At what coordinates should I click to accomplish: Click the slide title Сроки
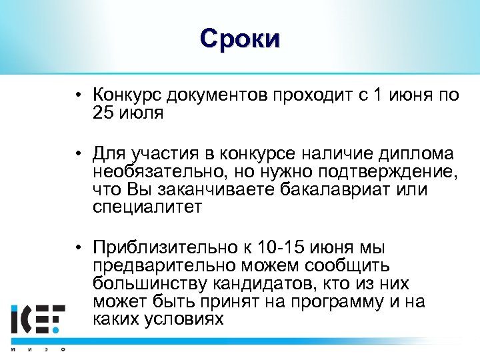click(x=240, y=39)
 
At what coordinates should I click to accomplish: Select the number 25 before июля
click(x=104, y=113)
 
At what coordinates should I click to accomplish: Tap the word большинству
click(x=153, y=284)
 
